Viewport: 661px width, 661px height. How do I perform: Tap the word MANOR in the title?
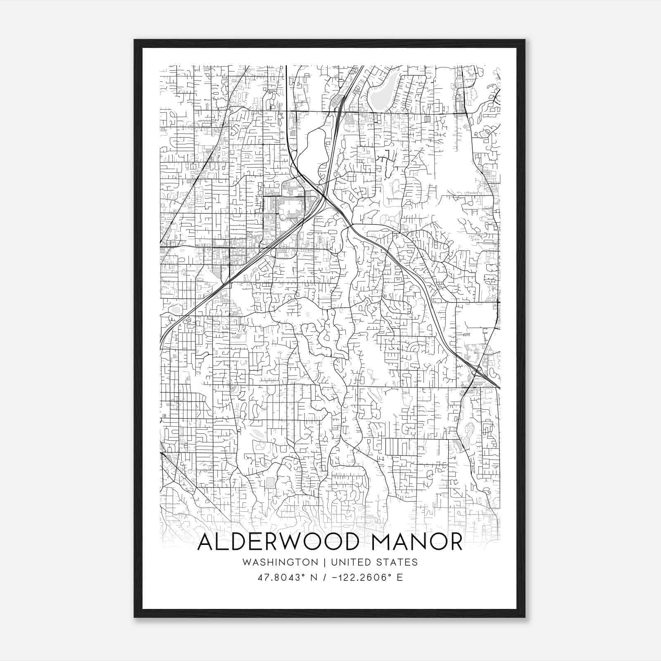click(x=417, y=542)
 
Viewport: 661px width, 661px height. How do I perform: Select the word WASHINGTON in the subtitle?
click(x=281, y=562)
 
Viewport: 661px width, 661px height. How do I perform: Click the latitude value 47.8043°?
click(x=281, y=578)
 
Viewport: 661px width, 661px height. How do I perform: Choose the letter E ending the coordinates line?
click(x=399, y=578)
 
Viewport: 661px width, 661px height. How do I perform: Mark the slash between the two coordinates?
click(x=328, y=578)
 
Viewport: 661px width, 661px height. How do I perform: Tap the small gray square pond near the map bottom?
click(x=270, y=482)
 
